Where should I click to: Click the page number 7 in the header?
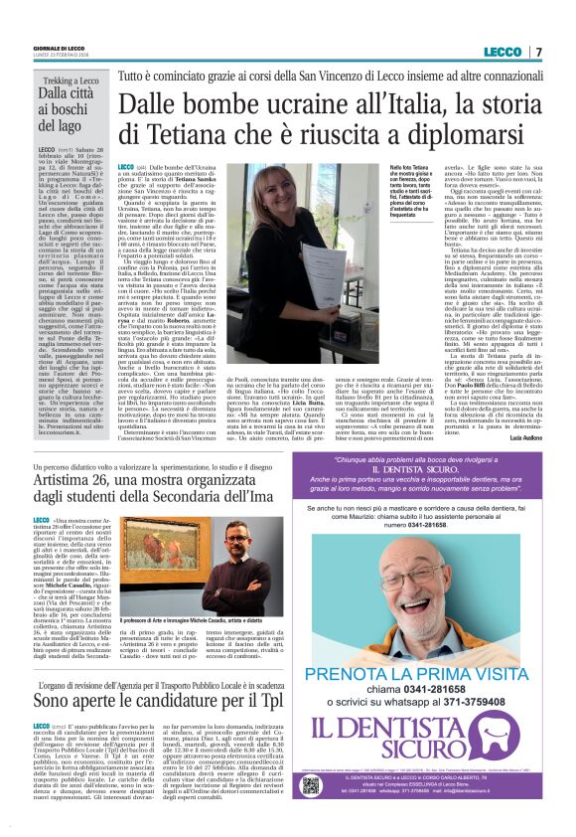(x=537, y=52)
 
